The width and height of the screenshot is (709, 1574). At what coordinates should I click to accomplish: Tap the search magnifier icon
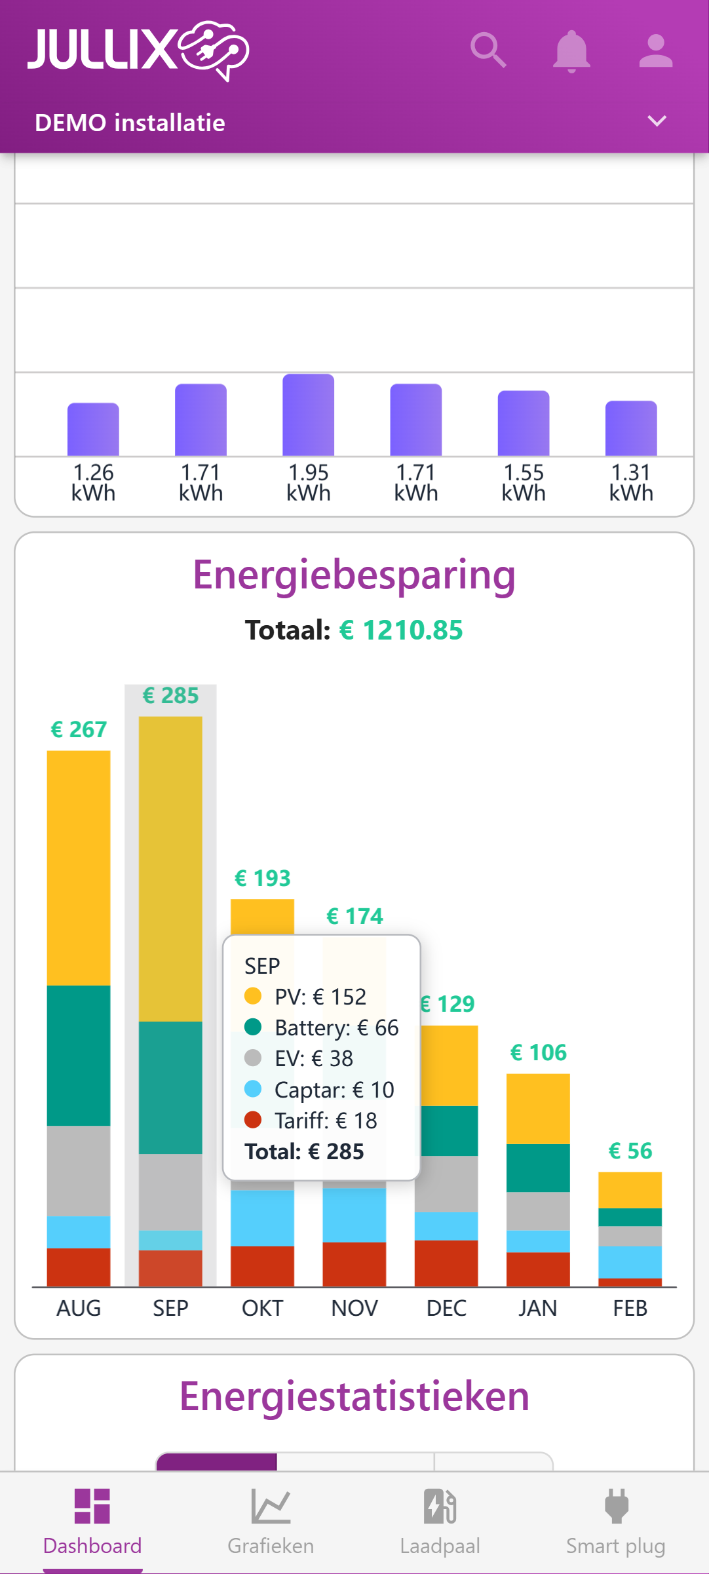488,50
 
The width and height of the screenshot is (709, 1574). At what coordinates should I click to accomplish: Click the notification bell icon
571,51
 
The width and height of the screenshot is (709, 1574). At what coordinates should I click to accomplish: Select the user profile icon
656,51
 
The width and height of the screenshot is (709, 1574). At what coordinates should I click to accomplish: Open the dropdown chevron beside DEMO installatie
657,121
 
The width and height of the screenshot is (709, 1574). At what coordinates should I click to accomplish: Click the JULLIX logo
138,50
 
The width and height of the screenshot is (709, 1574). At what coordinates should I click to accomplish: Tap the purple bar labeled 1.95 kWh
308,415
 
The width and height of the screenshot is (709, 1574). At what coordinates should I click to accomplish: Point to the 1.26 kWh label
93,482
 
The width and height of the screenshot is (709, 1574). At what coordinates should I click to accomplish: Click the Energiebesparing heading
354,575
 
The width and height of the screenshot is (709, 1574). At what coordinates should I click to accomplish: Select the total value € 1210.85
401,630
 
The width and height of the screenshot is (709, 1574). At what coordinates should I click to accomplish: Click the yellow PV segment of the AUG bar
79,868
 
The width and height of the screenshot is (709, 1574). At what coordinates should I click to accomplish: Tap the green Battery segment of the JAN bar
538,1168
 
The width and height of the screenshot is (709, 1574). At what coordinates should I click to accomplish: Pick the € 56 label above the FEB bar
630,1151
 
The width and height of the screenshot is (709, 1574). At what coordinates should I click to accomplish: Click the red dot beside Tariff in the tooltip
253,1120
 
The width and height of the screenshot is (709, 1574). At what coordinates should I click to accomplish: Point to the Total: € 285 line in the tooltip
304,1151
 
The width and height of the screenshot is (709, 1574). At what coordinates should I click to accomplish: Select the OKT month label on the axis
262,1308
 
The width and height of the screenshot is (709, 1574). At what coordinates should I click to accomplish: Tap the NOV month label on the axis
354,1308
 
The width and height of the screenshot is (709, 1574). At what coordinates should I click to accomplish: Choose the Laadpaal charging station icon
440,1506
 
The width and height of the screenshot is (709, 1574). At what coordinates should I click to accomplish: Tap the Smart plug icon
616,1506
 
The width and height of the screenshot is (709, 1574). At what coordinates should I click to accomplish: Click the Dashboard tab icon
92,1506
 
